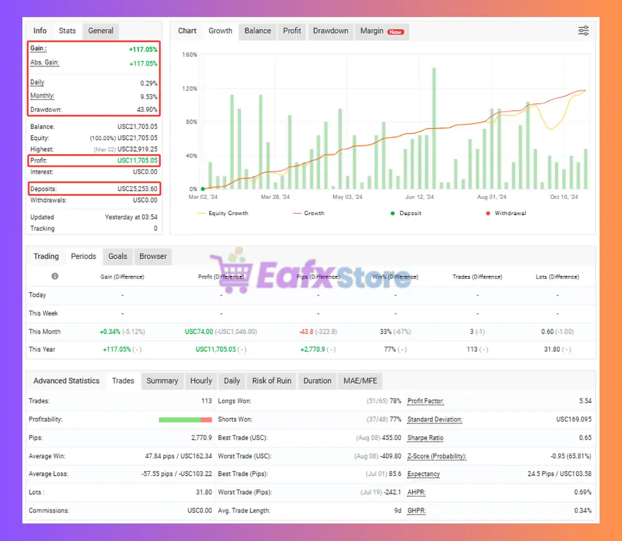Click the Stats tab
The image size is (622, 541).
click(x=67, y=31)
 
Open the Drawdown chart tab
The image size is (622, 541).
click(x=330, y=31)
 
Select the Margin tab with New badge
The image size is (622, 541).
click(x=381, y=31)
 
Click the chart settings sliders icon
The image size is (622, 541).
click(x=583, y=31)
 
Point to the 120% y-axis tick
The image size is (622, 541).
click(x=190, y=88)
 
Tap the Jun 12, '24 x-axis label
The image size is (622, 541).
click(x=419, y=197)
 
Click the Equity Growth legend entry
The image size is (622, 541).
click(x=223, y=213)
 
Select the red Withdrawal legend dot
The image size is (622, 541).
click(x=488, y=213)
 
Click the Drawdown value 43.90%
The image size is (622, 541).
click(x=147, y=110)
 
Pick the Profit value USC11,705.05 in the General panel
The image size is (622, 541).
click(x=137, y=160)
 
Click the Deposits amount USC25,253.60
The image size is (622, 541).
click(x=137, y=189)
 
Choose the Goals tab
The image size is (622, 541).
click(x=118, y=256)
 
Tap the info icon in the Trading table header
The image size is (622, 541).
click(x=55, y=276)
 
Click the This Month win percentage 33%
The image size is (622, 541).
click(x=385, y=332)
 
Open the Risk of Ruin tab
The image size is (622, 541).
click(x=272, y=381)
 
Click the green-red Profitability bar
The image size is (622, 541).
click(x=185, y=419)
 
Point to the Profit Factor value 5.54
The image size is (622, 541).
click(x=585, y=401)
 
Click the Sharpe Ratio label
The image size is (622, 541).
click(x=425, y=438)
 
